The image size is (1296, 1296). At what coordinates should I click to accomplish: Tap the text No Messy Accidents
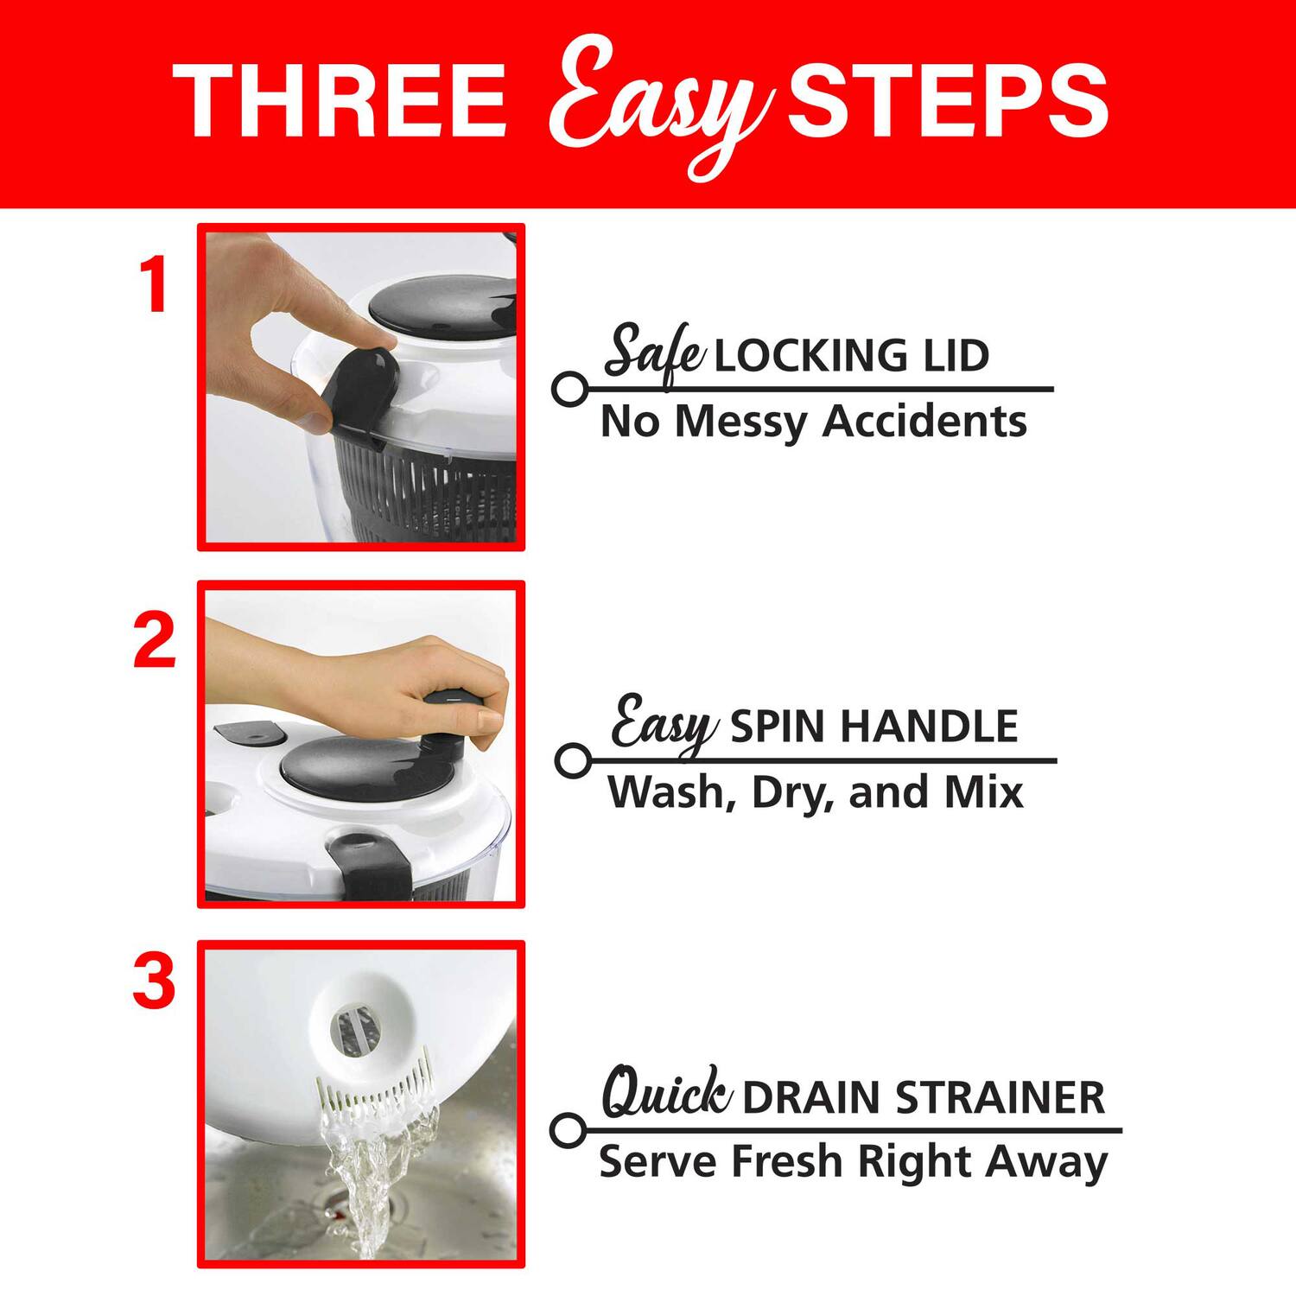coord(813,422)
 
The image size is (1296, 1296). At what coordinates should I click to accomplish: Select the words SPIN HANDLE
coord(874,727)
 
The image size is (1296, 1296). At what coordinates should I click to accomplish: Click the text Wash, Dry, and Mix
coord(815,792)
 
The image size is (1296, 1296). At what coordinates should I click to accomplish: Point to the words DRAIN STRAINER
coord(923,1097)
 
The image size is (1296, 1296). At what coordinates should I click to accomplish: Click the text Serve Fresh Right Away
coord(852,1162)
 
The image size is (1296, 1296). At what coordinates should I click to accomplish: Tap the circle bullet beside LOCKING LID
coord(568,390)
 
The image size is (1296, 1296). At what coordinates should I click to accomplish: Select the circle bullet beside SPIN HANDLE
coord(570,761)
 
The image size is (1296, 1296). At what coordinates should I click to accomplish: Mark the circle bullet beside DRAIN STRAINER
coord(568,1130)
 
